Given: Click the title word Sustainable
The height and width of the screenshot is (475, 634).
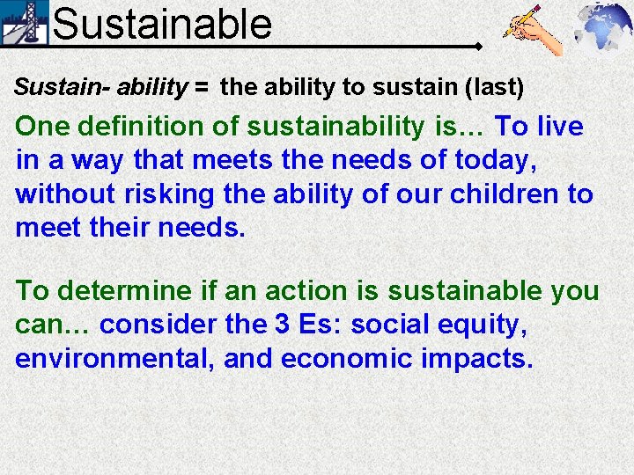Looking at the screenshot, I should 162,23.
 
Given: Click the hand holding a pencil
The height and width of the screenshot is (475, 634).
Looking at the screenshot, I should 534,30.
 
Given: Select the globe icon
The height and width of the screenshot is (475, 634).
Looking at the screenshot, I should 603,29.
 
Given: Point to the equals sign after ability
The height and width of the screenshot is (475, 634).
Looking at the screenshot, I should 203,87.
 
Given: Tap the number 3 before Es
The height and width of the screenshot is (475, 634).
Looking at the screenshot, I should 281,325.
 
